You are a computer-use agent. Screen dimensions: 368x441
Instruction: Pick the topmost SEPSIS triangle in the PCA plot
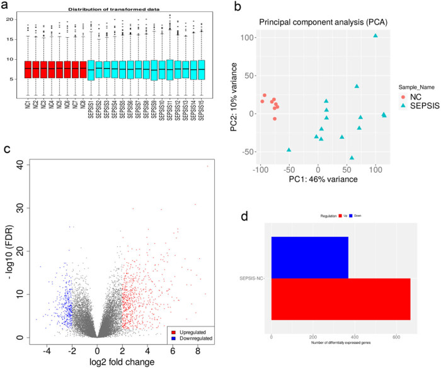[x=375, y=36]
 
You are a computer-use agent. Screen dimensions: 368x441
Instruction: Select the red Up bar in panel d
[x=340, y=299]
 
